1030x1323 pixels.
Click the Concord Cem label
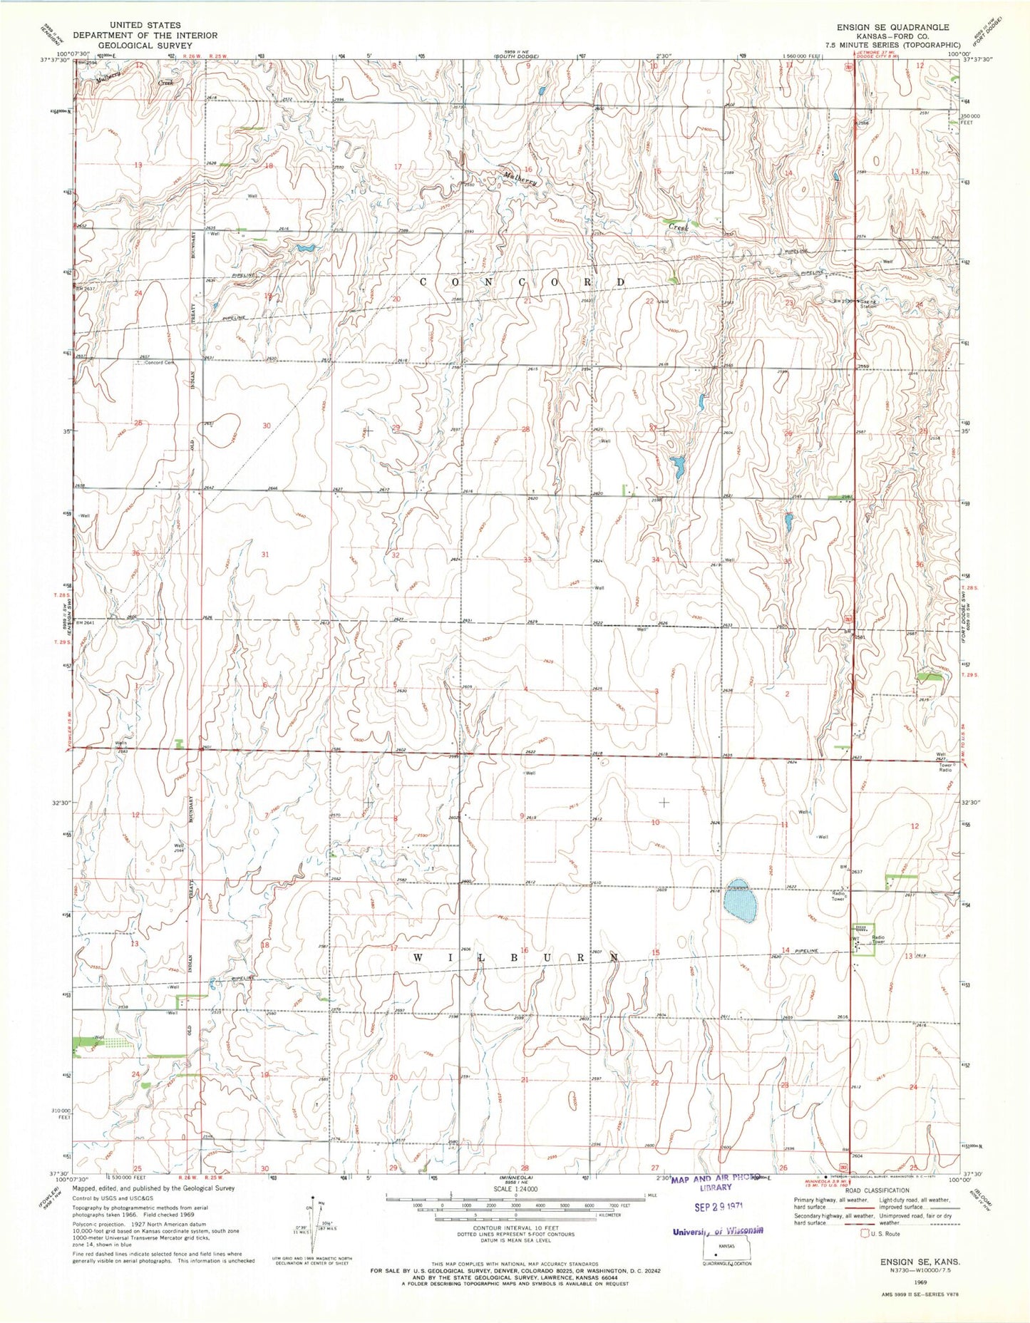[x=159, y=363]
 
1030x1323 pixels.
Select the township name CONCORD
[x=522, y=282]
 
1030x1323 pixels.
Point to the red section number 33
[x=527, y=560]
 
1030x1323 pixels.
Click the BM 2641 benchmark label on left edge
[x=85, y=623]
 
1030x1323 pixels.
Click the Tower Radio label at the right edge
[x=945, y=767]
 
